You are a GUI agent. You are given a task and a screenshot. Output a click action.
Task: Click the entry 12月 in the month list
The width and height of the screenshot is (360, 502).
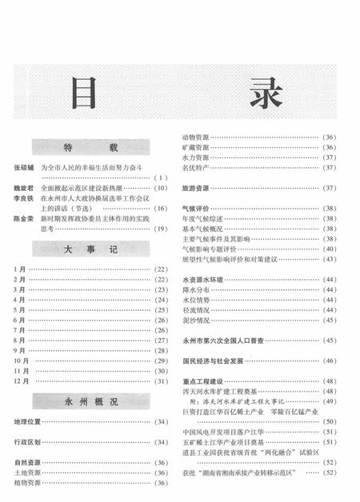pos(22,380)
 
